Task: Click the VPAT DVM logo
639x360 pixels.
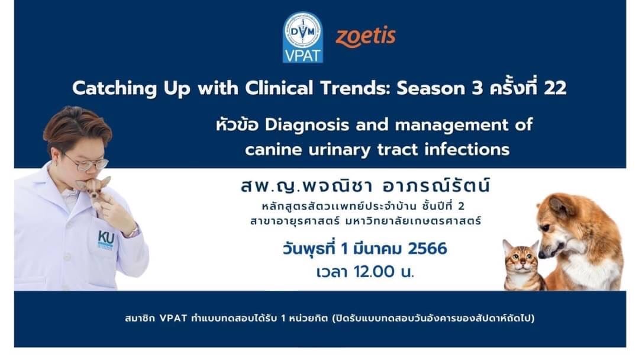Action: point(303,37)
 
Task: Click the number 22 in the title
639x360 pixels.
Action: point(555,88)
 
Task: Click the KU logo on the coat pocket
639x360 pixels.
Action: point(105,240)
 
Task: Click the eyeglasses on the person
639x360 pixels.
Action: point(86,163)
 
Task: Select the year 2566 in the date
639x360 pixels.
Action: point(427,249)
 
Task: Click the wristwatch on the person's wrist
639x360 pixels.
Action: point(133,232)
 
